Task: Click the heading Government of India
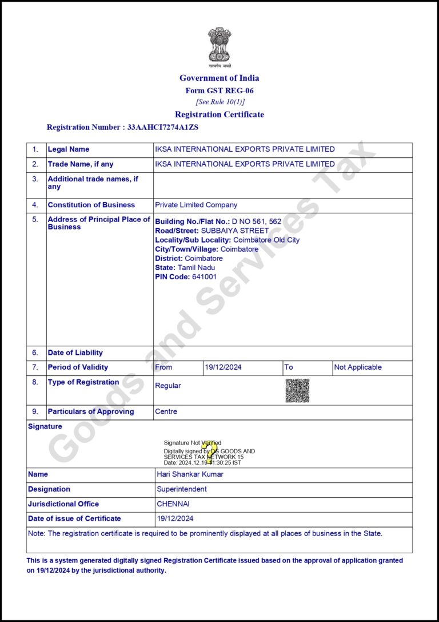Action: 219,78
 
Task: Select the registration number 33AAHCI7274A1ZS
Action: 163,127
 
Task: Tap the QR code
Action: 297,390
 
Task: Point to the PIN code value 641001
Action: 204,276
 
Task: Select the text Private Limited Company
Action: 196,205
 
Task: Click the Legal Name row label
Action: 69,149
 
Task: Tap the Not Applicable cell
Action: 358,367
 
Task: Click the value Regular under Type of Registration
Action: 168,386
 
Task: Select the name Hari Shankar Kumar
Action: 190,474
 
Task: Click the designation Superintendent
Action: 182,489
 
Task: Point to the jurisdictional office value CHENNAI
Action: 173,504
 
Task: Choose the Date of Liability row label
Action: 75,352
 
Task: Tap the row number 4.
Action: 35,205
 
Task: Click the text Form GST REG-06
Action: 219,90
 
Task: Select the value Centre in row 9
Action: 166,411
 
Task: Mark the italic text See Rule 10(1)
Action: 220,102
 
